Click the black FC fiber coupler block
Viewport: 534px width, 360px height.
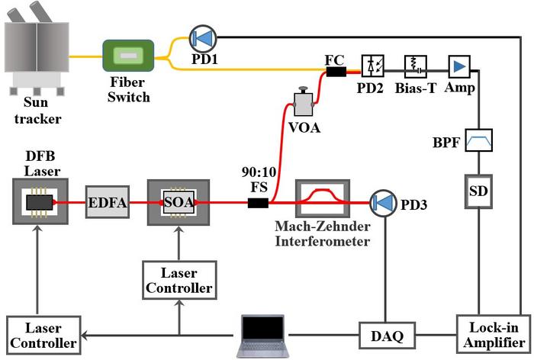[x=336, y=72]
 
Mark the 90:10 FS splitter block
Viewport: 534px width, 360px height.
[x=258, y=203]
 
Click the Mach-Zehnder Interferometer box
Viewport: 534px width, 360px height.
[x=323, y=201]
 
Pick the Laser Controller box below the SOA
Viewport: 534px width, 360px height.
[x=180, y=281]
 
